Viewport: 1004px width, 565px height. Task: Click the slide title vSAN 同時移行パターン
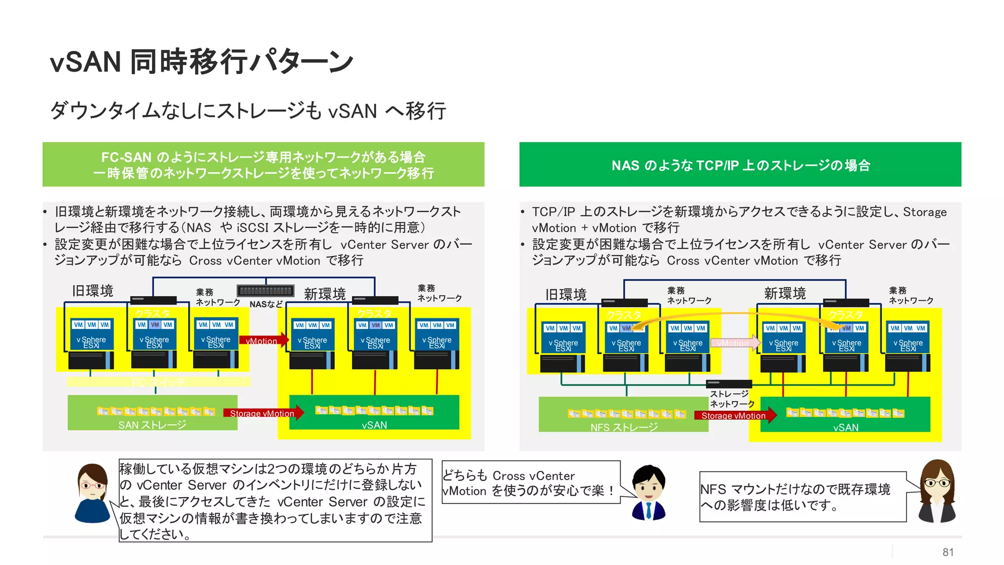201,62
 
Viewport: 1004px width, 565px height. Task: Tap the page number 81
948,552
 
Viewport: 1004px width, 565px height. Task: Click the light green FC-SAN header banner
263,165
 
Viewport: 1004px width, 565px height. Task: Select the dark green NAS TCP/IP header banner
740,165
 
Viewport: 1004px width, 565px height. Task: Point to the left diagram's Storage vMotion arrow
263,413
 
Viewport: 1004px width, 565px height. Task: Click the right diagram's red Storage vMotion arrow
735,415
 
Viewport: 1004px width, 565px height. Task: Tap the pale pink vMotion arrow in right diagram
734,343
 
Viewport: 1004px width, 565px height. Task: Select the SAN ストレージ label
152,425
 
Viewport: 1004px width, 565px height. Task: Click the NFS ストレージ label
624,427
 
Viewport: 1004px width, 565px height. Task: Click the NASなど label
266,304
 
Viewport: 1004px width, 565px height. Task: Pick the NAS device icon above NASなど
266,290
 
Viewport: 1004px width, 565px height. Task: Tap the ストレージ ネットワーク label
732,399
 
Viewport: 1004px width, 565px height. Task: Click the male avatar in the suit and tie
649,492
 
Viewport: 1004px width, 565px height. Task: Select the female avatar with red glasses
92,492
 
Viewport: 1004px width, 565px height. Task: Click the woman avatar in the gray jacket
936,491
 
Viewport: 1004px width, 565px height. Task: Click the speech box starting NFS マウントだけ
802,497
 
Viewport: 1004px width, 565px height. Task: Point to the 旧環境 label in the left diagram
93,291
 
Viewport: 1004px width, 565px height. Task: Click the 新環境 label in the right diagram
784,293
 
